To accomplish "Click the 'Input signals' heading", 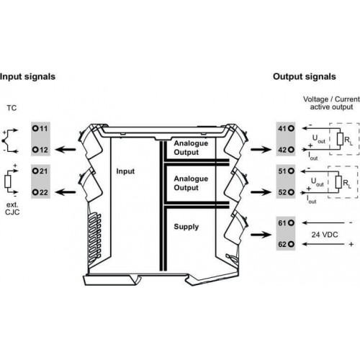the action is [27, 77].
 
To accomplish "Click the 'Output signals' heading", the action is [305, 77].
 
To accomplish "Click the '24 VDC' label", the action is [325, 235].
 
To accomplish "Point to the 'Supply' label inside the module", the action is [186, 227].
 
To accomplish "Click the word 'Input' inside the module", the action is [125, 171].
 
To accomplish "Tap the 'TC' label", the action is [12, 108].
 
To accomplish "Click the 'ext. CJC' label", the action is [12, 209].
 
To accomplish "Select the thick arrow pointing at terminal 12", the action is [66, 150].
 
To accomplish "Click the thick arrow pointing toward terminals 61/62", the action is [261, 234].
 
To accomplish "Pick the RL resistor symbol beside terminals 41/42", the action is [340, 139].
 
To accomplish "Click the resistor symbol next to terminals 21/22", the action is [8, 181].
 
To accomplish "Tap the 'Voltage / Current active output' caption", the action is [331, 103].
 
